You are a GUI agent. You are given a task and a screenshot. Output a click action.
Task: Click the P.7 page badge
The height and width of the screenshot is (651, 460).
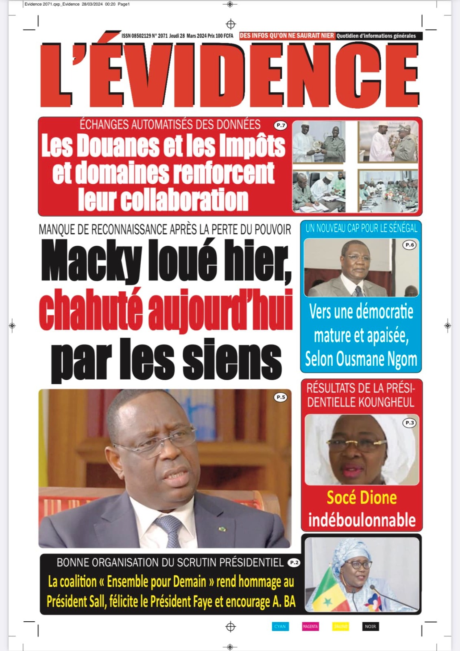(x=281, y=125)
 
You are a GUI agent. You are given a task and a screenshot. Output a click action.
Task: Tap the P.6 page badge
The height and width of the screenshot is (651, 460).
(x=409, y=245)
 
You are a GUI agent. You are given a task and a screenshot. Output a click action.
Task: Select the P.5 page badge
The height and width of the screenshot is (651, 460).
(x=281, y=397)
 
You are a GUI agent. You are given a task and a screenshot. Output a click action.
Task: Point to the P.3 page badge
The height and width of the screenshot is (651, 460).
(x=410, y=423)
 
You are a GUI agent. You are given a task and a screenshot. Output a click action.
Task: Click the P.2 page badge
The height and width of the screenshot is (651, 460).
(x=294, y=563)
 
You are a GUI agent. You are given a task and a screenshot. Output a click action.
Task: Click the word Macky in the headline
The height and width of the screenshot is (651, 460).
(x=91, y=261)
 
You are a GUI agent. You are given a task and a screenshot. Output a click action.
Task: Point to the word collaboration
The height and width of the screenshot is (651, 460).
(x=163, y=200)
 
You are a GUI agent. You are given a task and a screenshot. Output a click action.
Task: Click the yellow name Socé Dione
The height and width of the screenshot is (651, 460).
(x=362, y=498)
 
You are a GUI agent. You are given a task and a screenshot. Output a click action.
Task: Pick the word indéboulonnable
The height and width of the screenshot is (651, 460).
(x=362, y=520)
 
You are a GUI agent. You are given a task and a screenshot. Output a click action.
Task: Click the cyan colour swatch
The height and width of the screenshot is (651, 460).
(x=280, y=626)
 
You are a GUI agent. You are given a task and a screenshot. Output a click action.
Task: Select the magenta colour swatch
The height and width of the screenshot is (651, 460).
(x=310, y=626)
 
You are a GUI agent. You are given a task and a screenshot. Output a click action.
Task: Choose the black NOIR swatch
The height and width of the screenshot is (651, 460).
(x=370, y=626)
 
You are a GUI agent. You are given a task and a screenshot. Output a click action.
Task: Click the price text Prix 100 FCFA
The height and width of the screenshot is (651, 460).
(x=220, y=36)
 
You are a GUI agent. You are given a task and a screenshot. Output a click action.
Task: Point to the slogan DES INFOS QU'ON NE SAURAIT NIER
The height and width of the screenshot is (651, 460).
(x=287, y=36)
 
